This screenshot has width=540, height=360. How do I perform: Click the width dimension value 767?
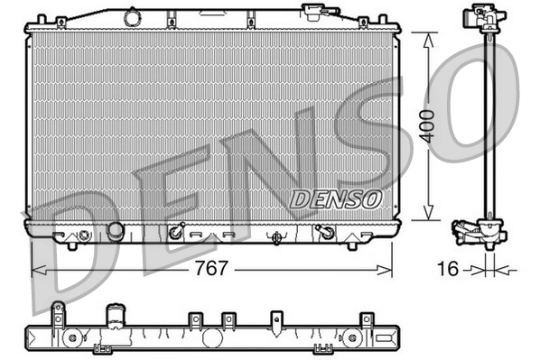[x=213, y=269]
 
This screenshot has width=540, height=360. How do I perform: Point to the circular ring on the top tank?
[x=133, y=16]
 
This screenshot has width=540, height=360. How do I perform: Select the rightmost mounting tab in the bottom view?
[x=367, y=318]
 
